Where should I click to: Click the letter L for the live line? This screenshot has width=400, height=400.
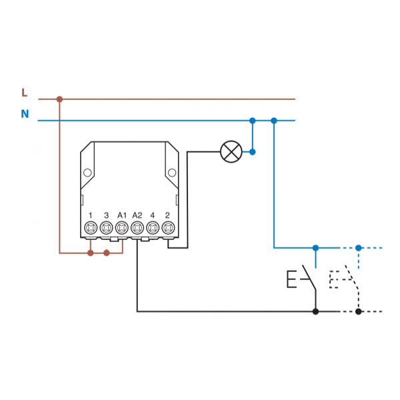25,93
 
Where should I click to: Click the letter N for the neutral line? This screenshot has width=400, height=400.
25,114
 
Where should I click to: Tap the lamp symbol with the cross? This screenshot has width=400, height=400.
231,152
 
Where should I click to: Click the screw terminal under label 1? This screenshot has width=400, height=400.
91,228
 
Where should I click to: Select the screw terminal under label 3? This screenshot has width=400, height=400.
106,228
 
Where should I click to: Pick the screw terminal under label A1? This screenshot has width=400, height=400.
121,228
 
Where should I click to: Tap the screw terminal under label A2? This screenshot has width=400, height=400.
137,228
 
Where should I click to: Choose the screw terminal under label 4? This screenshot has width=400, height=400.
153,228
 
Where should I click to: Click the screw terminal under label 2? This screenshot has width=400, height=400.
168,228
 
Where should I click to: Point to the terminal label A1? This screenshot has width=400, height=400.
121,215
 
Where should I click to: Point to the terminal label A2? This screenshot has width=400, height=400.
137,215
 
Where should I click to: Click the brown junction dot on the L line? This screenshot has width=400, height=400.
59,99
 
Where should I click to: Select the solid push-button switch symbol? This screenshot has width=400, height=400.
301,278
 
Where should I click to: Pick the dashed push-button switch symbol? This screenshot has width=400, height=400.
345,278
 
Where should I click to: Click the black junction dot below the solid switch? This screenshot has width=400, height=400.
315,311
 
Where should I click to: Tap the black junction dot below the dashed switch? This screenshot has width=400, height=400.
358,311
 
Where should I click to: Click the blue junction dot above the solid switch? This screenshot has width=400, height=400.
315,248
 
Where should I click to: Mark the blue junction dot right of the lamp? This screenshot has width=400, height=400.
252,152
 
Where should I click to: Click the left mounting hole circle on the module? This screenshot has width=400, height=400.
87,173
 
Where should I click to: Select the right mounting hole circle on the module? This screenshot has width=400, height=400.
172,173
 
